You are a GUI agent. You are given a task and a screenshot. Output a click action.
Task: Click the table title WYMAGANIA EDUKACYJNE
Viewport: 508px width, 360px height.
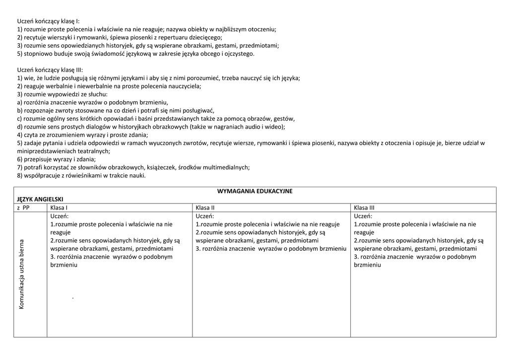click(x=254, y=191)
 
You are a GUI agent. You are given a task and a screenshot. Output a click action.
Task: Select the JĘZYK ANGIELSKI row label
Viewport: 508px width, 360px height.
click(x=40, y=199)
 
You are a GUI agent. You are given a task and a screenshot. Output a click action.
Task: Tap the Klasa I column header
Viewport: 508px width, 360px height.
click(x=59, y=208)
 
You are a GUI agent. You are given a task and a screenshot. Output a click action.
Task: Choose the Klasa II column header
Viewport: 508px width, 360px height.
click(x=205, y=208)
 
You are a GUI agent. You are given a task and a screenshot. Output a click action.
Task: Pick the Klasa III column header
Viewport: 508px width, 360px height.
click(x=364, y=208)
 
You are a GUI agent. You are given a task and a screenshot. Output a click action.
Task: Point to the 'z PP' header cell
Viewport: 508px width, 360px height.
click(x=23, y=208)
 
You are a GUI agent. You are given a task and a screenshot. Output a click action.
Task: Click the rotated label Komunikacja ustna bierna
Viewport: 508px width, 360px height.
click(x=22, y=275)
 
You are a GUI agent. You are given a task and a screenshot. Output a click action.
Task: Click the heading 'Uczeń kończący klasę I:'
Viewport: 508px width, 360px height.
click(x=48, y=21)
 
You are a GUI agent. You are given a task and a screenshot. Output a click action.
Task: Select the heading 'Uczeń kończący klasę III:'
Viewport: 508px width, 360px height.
click(x=50, y=70)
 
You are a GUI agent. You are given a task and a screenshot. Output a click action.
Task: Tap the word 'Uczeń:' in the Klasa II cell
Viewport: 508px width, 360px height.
click(x=205, y=216)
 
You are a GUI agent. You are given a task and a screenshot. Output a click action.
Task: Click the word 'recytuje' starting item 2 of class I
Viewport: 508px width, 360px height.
click(x=35, y=37)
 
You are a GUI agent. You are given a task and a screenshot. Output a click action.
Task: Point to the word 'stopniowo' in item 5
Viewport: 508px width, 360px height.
click(x=37, y=54)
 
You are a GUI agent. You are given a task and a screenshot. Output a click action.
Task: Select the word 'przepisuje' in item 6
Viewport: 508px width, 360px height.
click(x=38, y=159)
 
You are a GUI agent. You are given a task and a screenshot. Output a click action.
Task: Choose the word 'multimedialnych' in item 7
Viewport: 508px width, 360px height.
click(x=226, y=167)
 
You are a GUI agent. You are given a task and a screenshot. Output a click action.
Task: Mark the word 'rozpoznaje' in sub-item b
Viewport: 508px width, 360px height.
click(x=39, y=110)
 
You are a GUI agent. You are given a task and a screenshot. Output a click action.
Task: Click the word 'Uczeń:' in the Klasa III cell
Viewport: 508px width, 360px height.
click(x=363, y=216)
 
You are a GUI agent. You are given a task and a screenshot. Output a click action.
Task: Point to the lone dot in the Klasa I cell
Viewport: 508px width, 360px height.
click(x=73, y=297)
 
